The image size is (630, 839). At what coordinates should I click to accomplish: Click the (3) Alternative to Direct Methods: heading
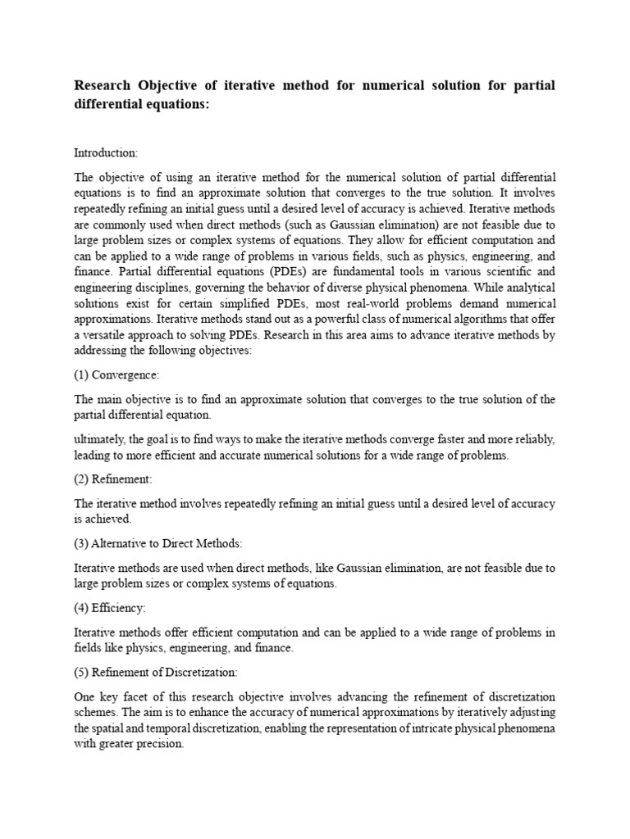[158, 543]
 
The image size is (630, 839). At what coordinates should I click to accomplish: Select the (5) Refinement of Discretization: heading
[156, 673]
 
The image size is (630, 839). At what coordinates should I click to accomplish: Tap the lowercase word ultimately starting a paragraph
[100, 440]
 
